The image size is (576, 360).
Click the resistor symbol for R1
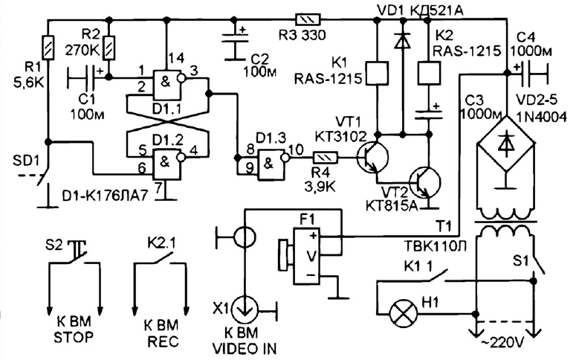48,47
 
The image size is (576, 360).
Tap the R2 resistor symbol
109,48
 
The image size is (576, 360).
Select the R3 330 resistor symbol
308,19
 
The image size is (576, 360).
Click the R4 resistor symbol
325,158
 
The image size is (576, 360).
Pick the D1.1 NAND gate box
167,85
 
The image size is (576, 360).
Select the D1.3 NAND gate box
271,164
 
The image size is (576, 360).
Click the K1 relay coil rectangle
377,73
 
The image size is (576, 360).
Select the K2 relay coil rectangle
429,73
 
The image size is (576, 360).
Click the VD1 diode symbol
403,41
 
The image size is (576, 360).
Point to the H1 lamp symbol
404,315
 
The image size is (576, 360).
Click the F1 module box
306,256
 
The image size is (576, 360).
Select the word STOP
74,337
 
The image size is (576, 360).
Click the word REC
163,341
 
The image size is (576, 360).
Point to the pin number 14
176,58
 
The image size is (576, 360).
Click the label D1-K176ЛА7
105,196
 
